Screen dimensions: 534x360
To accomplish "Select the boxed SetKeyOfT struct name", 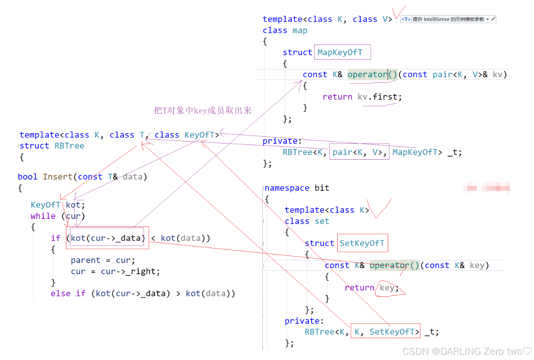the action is coord(362,243).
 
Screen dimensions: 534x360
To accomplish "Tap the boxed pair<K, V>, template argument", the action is coord(359,152).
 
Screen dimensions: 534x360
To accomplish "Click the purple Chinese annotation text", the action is coord(203,110).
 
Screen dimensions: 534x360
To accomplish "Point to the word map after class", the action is coord(300,31).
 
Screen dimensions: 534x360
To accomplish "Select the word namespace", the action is coord(287,188).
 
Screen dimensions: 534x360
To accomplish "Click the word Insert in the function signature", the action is coord(58,177).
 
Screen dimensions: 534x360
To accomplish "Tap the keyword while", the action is coord(43,216).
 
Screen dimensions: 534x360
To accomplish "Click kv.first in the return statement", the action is coord(379,97).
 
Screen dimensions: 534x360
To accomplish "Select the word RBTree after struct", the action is coord(69,146).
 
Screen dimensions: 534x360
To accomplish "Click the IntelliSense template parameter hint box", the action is coord(448,19).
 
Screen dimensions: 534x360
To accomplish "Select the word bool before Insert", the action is coord(27,177).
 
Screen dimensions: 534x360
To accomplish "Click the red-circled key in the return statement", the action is coord(387,288).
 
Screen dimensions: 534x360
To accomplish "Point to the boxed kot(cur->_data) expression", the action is coord(107,238).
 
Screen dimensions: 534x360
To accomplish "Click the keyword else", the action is coord(60,294).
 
